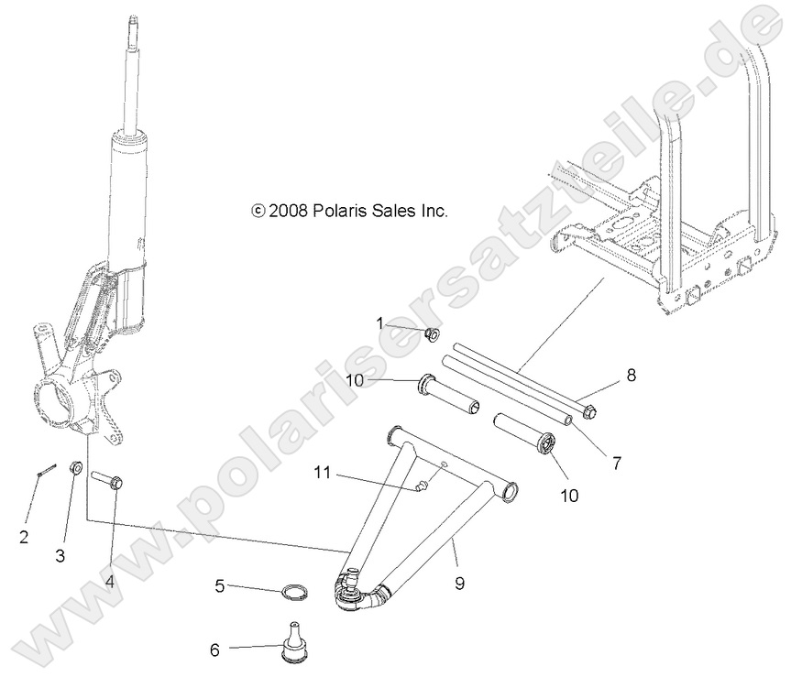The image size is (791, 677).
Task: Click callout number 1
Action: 379,322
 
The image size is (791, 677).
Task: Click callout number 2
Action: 24,537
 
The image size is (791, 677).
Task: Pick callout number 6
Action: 215,650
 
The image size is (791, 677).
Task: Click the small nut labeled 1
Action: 432,333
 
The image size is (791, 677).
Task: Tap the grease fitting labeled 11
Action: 420,486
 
